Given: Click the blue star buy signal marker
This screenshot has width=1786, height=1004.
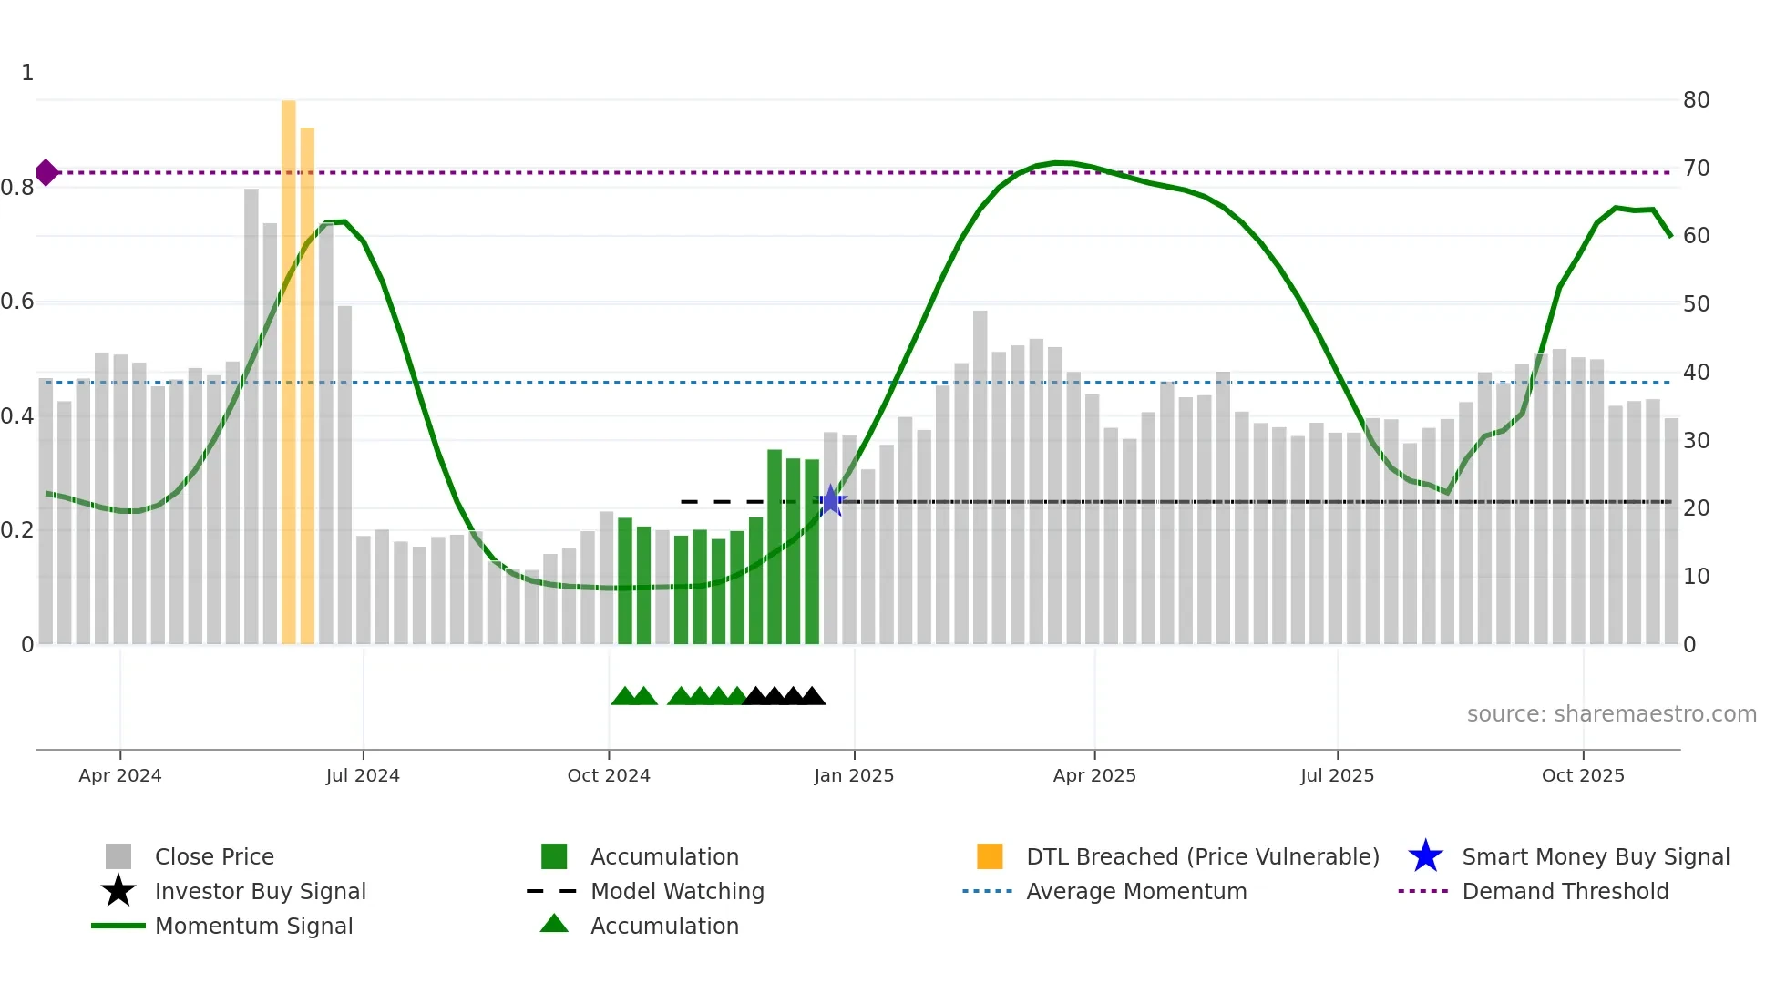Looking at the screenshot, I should [x=830, y=501].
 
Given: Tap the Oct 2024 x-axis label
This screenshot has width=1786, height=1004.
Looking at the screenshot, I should [x=609, y=775].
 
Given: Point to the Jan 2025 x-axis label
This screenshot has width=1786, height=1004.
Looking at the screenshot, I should [x=854, y=775].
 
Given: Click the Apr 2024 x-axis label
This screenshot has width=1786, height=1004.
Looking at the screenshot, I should [x=120, y=775].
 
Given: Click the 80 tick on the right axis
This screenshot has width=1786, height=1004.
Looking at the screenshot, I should [x=1696, y=100].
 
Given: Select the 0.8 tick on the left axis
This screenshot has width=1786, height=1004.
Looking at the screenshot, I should [x=18, y=188].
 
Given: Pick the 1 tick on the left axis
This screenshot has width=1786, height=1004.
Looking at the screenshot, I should [x=27, y=73].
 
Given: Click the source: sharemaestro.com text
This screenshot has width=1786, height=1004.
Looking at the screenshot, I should [x=1611, y=714].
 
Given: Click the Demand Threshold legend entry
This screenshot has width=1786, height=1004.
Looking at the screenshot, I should [x=1565, y=891].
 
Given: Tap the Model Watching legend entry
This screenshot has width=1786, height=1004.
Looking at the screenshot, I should [x=676, y=891].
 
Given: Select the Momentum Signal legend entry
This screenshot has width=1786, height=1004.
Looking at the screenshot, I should [x=253, y=926].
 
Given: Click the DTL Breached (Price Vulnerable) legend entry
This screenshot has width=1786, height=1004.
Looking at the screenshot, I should [x=1202, y=856].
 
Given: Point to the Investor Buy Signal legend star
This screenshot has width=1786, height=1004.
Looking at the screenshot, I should [x=118, y=891].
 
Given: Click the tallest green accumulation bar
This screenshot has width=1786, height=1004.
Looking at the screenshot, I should [x=775, y=547].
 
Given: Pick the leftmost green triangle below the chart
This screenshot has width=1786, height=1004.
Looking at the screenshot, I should [x=624, y=697].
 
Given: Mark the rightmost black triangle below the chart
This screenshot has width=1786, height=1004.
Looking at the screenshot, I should [x=813, y=697].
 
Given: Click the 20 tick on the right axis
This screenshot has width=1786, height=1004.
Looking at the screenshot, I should [x=1696, y=508].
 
